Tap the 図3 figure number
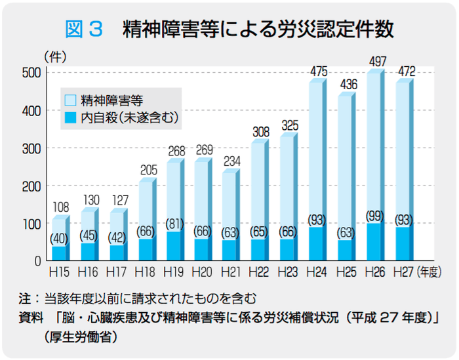(x=84, y=29)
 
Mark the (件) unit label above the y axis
(x=55, y=57)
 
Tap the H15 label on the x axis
(x=59, y=270)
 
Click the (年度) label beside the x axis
(x=431, y=270)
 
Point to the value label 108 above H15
(x=60, y=208)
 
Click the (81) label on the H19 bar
(x=174, y=224)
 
